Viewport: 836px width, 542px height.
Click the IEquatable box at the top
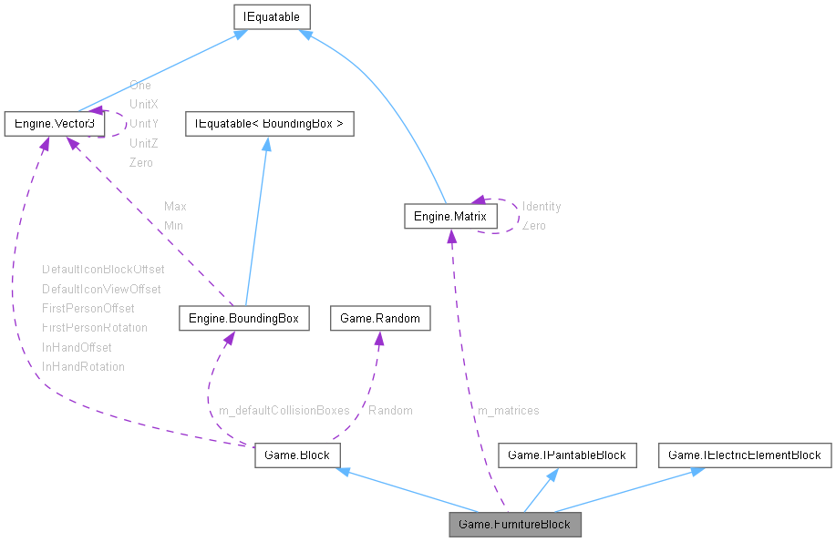tap(273, 16)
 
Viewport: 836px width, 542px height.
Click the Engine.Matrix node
tap(450, 216)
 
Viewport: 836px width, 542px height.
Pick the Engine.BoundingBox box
tap(243, 318)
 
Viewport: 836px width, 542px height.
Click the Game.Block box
tap(297, 455)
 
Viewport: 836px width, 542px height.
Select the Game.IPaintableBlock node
tap(566, 455)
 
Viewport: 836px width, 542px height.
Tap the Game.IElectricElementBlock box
tap(745, 455)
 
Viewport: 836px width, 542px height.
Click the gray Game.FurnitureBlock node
tap(515, 524)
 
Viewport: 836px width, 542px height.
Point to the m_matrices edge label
tap(509, 411)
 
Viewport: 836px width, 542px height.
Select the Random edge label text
tap(390, 411)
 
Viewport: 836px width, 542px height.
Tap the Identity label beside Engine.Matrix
tap(542, 207)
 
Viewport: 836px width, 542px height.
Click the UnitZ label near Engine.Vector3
tap(144, 143)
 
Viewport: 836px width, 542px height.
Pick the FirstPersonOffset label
tap(88, 308)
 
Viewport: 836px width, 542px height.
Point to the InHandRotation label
tap(83, 366)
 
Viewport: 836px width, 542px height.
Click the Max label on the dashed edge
tap(175, 207)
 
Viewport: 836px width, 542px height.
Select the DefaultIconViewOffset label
tap(101, 289)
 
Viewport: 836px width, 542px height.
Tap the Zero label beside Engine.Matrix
tap(534, 226)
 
